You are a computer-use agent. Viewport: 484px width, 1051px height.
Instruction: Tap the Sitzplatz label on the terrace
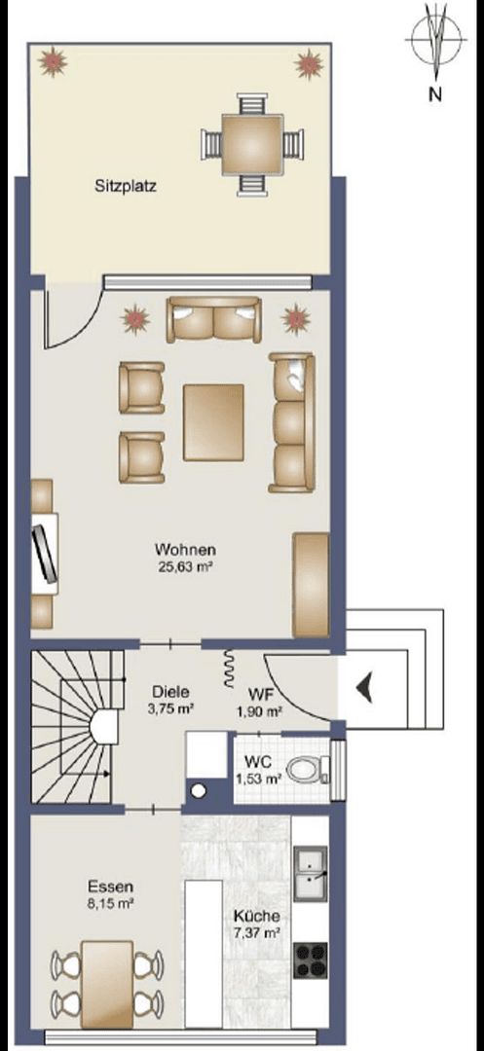[x=126, y=184]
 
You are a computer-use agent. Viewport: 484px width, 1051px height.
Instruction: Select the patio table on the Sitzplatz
[x=251, y=143]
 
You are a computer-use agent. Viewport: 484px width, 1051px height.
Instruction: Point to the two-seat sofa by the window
[x=213, y=320]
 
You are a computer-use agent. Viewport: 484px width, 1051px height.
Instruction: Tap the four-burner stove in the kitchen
[x=311, y=960]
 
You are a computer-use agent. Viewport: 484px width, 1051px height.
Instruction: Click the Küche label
[x=257, y=917]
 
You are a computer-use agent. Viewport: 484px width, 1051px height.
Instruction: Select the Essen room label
[x=110, y=887]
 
